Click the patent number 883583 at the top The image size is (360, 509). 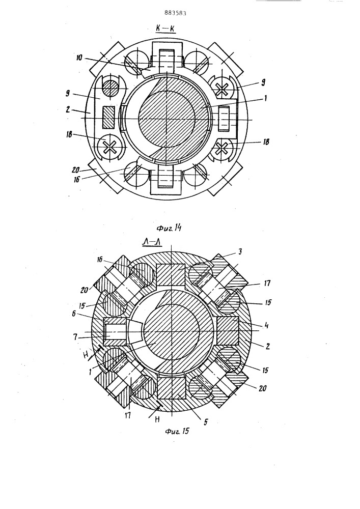click(175, 13)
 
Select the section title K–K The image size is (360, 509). click(165, 29)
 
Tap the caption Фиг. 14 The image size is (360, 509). click(169, 228)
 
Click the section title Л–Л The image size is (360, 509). click(152, 242)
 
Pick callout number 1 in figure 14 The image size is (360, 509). click(265, 98)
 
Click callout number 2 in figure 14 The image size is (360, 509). click(68, 109)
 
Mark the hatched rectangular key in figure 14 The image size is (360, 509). click(108, 117)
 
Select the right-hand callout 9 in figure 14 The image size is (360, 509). click(263, 83)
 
